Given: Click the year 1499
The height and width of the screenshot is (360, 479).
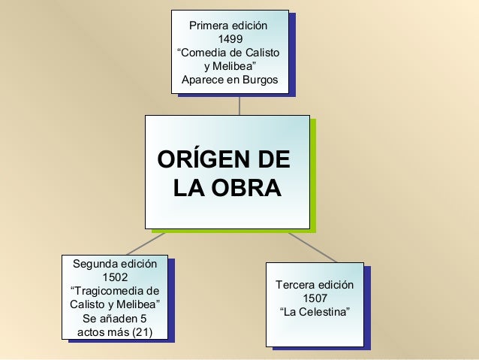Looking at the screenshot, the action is (x=230, y=40).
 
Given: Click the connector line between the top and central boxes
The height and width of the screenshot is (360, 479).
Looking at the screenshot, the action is (x=239, y=104).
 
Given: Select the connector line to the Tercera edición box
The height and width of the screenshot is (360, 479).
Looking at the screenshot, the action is (x=311, y=244).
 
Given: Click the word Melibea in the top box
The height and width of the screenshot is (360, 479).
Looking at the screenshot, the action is (x=233, y=67).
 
